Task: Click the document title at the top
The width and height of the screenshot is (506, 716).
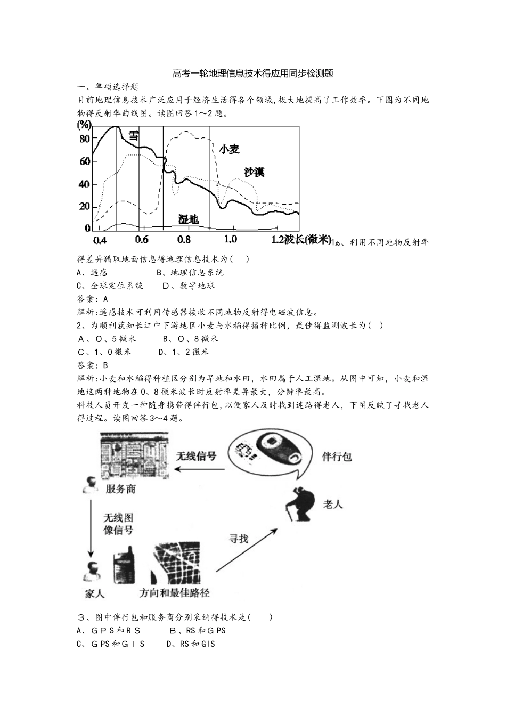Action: click(253, 74)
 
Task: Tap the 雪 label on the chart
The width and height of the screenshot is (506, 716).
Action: click(133, 135)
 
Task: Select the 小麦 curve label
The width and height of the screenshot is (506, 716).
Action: click(229, 149)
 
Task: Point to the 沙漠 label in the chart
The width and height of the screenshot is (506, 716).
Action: click(254, 172)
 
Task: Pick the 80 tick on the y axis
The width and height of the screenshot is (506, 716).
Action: click(84, 139)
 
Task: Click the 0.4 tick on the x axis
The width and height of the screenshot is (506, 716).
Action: click(99, 239)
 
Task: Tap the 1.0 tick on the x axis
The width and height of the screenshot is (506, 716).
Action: click(230, 239)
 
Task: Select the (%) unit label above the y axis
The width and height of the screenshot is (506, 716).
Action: click(84, 125)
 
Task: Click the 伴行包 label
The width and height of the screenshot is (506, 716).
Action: click(337, 457)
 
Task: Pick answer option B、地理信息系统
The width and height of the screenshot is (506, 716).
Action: click(190, 272)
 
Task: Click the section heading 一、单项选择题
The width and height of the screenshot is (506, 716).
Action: click(108, 87)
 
